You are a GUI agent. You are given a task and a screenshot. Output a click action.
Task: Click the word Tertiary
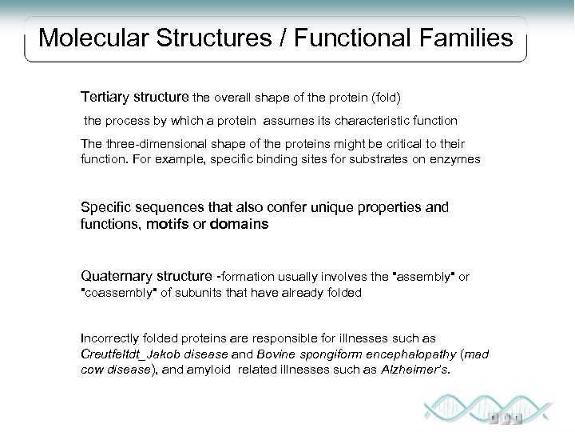click(x=106, y=97)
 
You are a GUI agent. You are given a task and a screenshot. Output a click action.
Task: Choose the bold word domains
click(x=239, y=225)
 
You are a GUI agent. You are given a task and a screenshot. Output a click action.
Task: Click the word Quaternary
click(x=115, y=276)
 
